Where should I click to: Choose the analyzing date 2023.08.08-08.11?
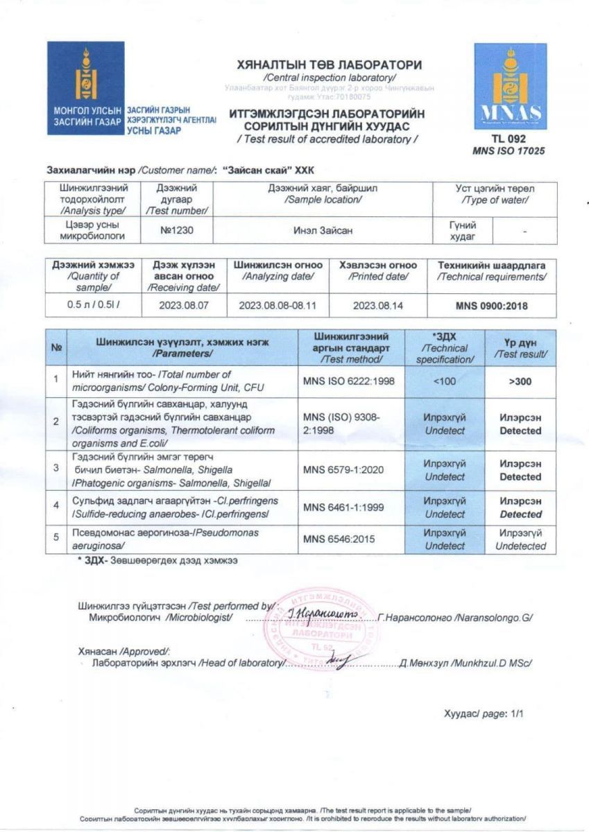(278, 305)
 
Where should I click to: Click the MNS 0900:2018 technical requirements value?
(490, 305)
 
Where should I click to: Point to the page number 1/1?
(517, 713)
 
